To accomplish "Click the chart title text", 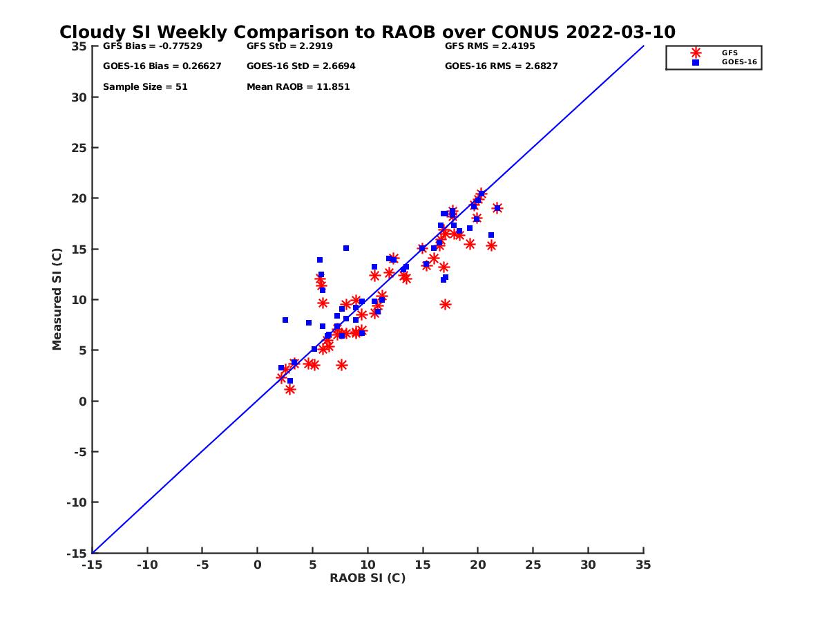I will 368,32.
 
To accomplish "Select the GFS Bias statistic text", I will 148,46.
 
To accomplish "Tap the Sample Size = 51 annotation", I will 145,87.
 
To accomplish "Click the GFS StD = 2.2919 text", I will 289,46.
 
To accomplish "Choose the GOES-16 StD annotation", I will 301,66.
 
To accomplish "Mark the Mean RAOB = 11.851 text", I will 298,87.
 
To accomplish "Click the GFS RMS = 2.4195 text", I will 490,46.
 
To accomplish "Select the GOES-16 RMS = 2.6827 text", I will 502,66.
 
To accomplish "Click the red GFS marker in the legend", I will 696,53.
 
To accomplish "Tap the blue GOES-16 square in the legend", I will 696,62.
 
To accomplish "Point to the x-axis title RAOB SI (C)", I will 368,578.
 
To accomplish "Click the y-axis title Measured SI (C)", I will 57,300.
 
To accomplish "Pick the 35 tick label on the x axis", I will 643,565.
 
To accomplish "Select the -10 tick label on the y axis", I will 77,502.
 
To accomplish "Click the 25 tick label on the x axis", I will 533,565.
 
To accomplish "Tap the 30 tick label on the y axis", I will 79,97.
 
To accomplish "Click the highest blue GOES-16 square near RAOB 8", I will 346,248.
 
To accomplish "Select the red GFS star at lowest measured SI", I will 290,390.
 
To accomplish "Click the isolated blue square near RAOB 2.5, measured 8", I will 285,320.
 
